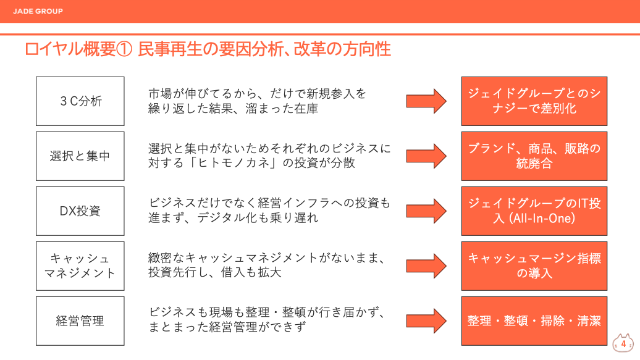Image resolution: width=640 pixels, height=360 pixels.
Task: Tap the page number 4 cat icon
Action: tap(623, 343)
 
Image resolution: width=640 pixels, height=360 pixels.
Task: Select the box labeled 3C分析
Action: tap(80, 101)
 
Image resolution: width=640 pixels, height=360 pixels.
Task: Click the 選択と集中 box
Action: tap(80, 156)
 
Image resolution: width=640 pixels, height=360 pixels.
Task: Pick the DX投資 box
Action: tap(80, 211)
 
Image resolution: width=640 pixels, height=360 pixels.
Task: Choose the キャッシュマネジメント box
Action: tap(80, 266)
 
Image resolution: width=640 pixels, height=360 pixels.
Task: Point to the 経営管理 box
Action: tap(80, 320)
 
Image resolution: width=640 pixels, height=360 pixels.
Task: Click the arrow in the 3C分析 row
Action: tap(426, 101)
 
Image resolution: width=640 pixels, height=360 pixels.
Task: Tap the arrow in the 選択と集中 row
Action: tap(426, 156)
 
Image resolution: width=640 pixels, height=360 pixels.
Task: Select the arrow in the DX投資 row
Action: tap(426, 211)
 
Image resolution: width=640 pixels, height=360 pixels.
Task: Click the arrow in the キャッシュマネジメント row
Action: tap(426, 266)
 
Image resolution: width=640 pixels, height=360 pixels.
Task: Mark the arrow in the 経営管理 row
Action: tap(426, 320)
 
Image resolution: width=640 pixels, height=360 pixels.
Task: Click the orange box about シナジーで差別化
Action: tap(534, 101)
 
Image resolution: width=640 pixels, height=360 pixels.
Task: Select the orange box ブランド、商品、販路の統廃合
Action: tap(534, 156)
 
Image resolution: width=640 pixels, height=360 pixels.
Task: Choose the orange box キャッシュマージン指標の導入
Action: tap(534, 266)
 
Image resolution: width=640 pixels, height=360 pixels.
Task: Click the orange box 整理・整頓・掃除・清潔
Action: tap(534, 320)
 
